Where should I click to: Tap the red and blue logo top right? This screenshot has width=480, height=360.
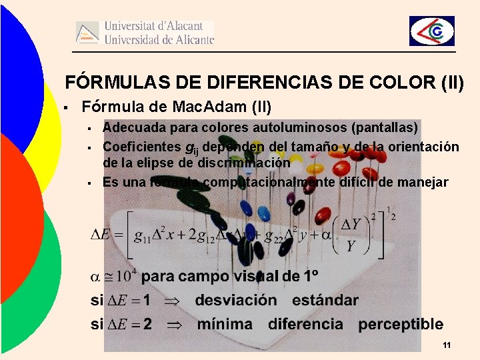pyautogui.click(x=431, y=31)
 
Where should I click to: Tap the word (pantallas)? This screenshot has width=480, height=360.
pyautogui.click(x=388, y=127)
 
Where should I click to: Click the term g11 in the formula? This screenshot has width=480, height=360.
pyautogui.click(x=141, y=236)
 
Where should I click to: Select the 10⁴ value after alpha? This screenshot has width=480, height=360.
pyautogui.click(x=124, y=275)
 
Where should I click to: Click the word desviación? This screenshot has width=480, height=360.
pyautogui.click(x=235, y=300)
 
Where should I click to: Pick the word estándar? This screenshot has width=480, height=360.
pyautogui.click(x=325, y=300)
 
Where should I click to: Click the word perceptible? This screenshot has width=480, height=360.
pyautogui.click(x=400, y=325)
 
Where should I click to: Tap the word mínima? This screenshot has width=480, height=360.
pyautogui.click(x=225, y=325)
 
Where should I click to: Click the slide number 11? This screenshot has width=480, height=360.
pyautogui.click(x=447, y=345)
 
